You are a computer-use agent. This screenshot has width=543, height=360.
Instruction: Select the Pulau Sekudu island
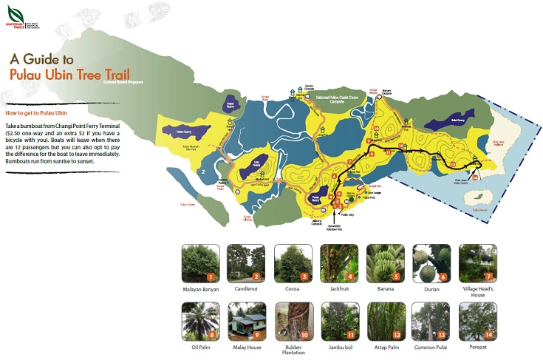point(485,195)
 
